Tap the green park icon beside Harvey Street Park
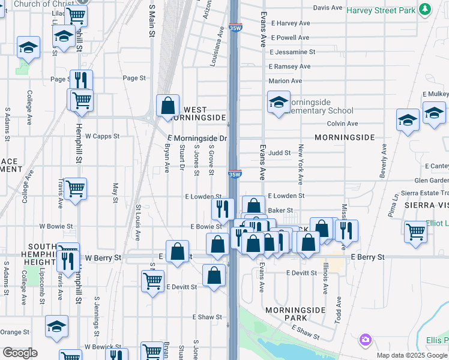[425, 10]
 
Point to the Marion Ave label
[285, 81]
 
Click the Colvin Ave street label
[342, 124]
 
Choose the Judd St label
[279, 153]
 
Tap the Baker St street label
[280, 211]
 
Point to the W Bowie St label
[56, 227]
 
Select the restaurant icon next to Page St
[81, 80]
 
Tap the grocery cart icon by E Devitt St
[152, 280]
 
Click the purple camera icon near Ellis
[366, 340]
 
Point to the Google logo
[20, 353]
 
